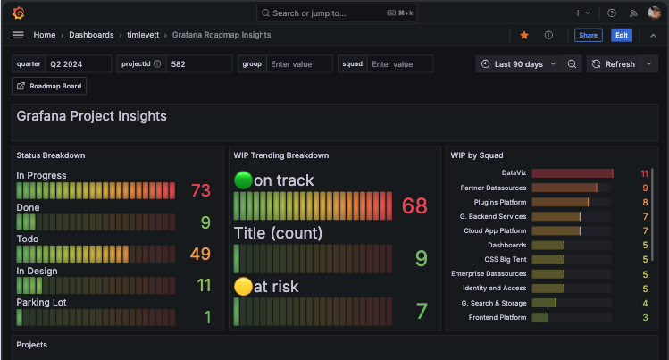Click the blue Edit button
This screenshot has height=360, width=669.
pos(621,35)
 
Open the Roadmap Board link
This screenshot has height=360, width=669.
pos(49,86)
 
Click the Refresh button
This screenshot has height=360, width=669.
pos(614,64)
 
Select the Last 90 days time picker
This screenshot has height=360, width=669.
pos(518,64)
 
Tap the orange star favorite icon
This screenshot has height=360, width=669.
pos(524,35)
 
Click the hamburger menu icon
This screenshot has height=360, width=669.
pos(18,35)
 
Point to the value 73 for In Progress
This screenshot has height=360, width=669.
pos(200,190)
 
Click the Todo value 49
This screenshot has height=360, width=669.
pos(200,255)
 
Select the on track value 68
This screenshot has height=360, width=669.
pos(414,206)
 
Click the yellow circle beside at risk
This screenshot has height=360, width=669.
pos(243,287)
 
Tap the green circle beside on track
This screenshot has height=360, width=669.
pos(243,180)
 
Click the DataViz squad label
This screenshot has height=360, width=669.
pos(514,172)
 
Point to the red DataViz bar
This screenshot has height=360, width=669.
pos(572,172)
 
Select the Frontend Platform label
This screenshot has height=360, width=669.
pos(498,317)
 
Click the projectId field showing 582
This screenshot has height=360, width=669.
pos(200,64)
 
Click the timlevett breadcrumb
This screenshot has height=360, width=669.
pos(146,35)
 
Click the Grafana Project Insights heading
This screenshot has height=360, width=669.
pos(92,116)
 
